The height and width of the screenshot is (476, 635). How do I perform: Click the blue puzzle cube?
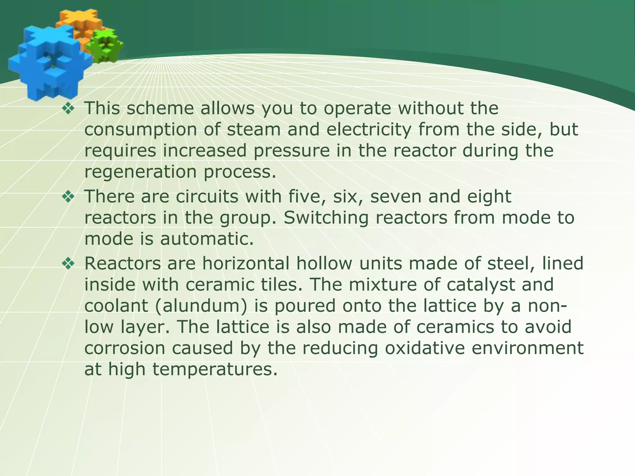(x=47, y=62)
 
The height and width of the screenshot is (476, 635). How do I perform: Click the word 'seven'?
(x=396, y=196)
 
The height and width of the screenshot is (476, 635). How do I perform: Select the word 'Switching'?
(x=326, y=218)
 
